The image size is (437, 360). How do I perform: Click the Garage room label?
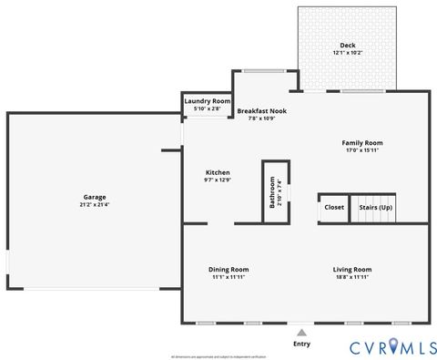click(x=96, y=197)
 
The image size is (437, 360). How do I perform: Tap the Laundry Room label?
click(x=208, y=101)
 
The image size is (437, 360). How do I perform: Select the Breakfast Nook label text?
click(x=262, y=110)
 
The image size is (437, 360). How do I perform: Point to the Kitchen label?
click(x=218, y=172)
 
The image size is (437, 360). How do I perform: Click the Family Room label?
click(x=362, y=143)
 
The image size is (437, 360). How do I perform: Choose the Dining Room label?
click(x=229, y=269)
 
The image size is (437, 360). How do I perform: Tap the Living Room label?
click(x=352, y=269)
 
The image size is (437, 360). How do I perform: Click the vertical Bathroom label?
click(x=272, y=192)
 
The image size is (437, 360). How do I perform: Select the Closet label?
click(x=334, y=207)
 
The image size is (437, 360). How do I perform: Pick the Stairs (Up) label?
click(x=376, y=207)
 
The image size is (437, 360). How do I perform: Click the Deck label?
click(x=348, y=46)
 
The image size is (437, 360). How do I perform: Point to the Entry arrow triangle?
click(x=301, y=333)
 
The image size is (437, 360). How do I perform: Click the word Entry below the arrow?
click(x=301, y=345)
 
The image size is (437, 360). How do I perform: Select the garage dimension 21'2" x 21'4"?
click(x=96, y=205)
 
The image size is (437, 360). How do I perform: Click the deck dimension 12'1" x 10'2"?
click(x=348, y=53)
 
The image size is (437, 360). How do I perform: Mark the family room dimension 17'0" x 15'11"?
click(x=362, y=150)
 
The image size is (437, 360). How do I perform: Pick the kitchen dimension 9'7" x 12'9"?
click(x=218, y=180)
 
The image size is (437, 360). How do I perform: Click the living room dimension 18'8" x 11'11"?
click(x=352, y=277)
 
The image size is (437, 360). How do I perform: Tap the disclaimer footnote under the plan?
click(x=218, y=356)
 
